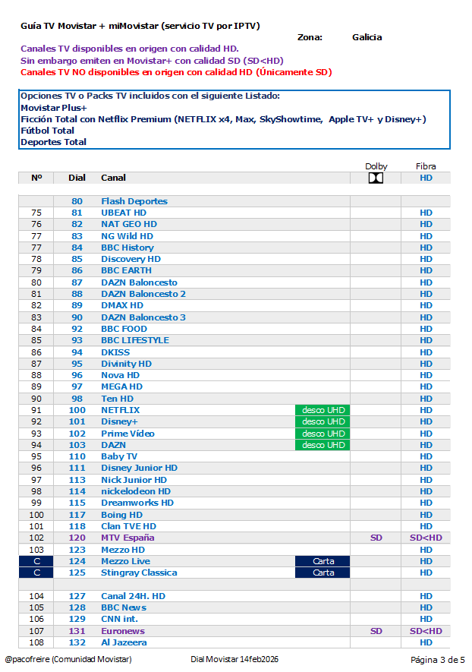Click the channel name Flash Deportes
pyautogui.click(x=134, y=201)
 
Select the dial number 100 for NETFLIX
pyautogui.click(x=77, y=410)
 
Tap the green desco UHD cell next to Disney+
pyautogui.click(x=323, y=421)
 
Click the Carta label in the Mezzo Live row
pyautogui.click(x=323, y=561)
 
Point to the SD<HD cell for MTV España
pyautogui.click(x=426, y=538)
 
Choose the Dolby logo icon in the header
pyautogui.click(x=376, y=178)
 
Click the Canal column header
pyautogui.click(x=113, y=178)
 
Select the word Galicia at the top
pyautogui.click(x=367, y=37)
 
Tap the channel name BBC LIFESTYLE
pyautogui.click(x=135, y=340)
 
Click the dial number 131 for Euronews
pyautogui.click(x=77, y=631)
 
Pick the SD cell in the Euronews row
pyautogui.click(x=376, y=631)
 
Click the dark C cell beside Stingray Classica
pyautogui.click(x=36, y=573)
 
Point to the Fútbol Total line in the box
pyautogui.click(x=47, y=131)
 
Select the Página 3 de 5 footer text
pyautogui.click(x=437, y=659)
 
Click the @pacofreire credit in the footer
pyautogui.click(x=68, y=659)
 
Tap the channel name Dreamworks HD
pyautogui.click(x=137, y=503)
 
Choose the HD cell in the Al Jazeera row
pyautogui.click(x=426, y=642)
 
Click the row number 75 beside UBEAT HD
pyautogui.click(x=36, y=213)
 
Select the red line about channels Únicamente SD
pyautogui.click(x=175, y=72)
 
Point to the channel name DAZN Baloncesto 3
pyautogui.click(x=143, y=317)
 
